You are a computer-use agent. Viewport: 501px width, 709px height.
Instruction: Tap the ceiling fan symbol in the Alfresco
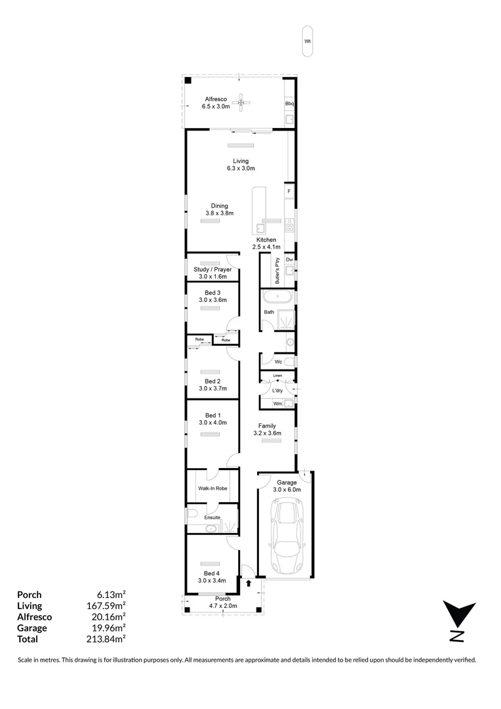pos(243,101)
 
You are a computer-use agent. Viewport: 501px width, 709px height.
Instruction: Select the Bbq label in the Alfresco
pos(289,104)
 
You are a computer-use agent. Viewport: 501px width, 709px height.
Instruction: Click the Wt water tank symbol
pos(307,41)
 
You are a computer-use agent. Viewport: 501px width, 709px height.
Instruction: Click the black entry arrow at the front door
pos(249,582)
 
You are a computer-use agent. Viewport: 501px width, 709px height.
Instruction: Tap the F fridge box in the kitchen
pos(289,191)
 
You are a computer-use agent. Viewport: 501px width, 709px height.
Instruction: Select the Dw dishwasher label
pos(289,260)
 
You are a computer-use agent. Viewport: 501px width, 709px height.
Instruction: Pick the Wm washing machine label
pos(277,404)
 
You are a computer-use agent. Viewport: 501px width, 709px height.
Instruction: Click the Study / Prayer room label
pos(212,269)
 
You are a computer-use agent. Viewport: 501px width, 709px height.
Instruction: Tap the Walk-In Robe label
pos(212,488)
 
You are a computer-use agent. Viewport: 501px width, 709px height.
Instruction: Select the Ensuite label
pos(212,517)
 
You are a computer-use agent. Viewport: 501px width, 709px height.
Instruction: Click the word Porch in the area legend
pos(29,595)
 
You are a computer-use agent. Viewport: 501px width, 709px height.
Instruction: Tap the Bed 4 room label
pos(212,572)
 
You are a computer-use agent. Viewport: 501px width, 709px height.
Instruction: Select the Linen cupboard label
pos(277,376)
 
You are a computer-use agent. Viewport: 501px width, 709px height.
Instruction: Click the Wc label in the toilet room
pos(278,361)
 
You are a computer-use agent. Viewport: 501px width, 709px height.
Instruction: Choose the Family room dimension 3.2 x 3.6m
pos(267,433)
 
